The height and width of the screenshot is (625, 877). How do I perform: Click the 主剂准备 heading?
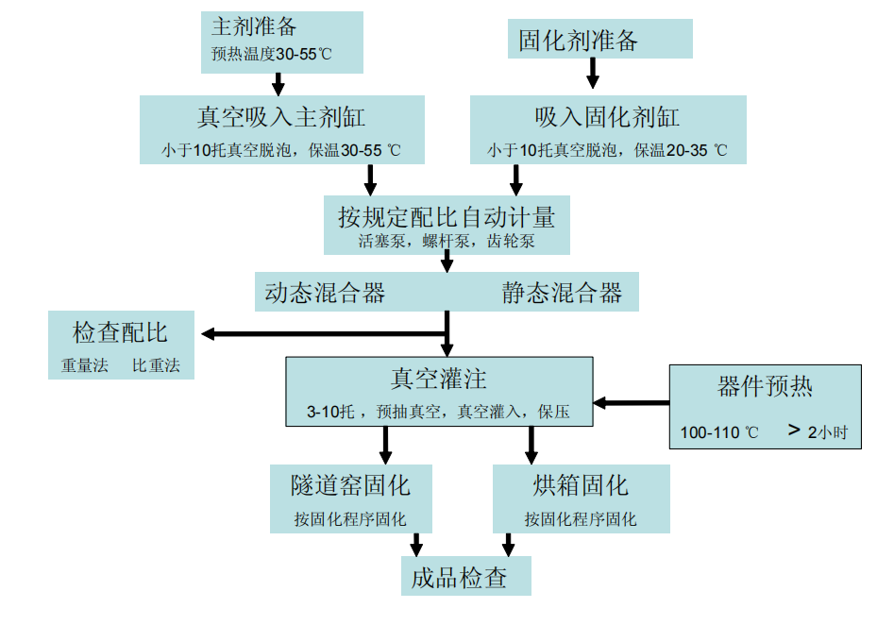pyautogui.click(x=255, y=26)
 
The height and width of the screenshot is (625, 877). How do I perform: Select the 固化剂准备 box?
pyautogui.click(x=579, y=41)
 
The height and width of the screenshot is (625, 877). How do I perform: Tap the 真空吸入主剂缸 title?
pyautogui.click(x=280, y=117)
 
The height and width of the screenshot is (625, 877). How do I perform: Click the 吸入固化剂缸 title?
pyautogui.click(x=607, y=117)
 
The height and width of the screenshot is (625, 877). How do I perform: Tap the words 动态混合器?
pyautogui.click(x=325, y=293)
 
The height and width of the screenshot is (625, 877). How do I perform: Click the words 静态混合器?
pyautogui.click(x=562, y=293)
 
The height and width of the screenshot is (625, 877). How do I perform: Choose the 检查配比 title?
pyautogui.click(x=120, y=332)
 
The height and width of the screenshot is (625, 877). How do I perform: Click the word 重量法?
pyautogui.click(x=83, y=365)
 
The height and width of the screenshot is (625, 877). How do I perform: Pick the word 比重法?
pyautogui.click(x=156, y=365)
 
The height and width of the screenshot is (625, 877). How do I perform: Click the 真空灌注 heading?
pyautogui.click(x=439, y=380)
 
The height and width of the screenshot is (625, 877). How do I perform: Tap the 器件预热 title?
pyautogui.click(x=765, y=387)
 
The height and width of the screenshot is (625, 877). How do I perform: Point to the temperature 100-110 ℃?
pyautogui.click(x=719, y=432)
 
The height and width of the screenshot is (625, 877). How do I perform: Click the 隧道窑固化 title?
pyautogui.click(x=350, y=486)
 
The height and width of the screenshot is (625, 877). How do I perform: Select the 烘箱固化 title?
pyautogui.click(x=581, y=486)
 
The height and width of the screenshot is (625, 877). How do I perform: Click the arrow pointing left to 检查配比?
pyautogui.click(x=321, y=333)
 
